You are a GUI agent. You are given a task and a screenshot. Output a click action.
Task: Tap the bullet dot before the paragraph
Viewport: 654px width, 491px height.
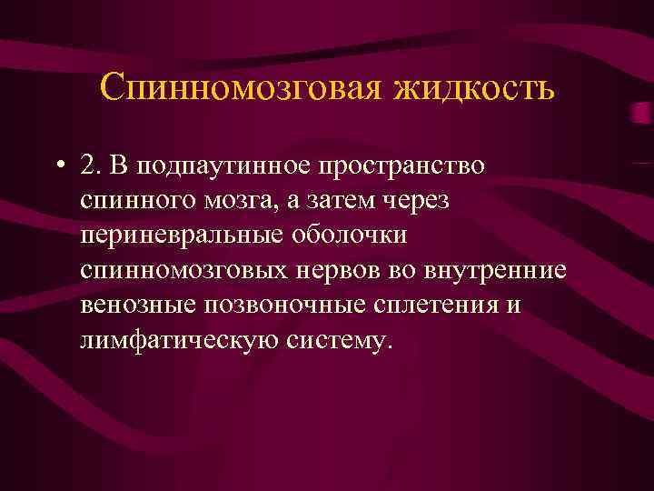point(58,165)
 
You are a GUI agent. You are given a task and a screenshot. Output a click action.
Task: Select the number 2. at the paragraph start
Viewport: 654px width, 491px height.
point(91,165)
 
